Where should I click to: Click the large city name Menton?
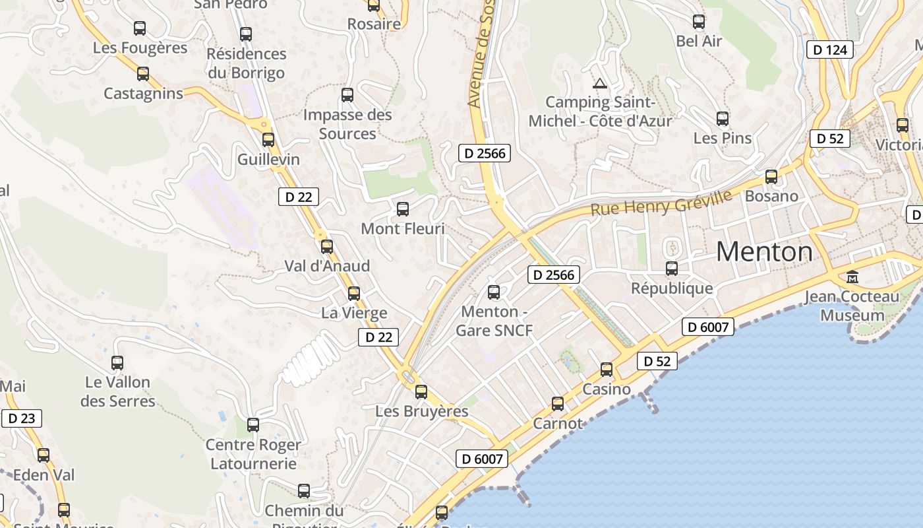pyautogui.click(x=764, y=251)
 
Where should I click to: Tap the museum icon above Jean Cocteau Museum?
pyautogui.click(x=852, y=277)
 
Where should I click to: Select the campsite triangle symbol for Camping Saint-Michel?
pyautogui.click(x=599, y=83)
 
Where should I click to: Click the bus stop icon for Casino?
pyautogui.click(x=607, y=370)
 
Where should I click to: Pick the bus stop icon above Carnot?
pyautogui.click(x=558, y=403)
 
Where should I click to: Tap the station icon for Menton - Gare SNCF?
pyautogui.click(x=494, y=292)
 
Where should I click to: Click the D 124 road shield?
pyautogui.click(x=830, y=49)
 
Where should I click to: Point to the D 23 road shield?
pyautogui.click(x=21, y=418)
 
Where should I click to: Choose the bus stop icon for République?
pyautogui.click(x=672, y=269)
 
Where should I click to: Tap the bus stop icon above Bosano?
pyautogui.click(x=771, y=177)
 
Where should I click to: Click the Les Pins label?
pyautogui.click(x=723, y=139)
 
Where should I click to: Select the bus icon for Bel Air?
pyautogui.click(x=699, y=22)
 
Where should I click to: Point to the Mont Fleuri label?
pyautogui.click(x=403, y=229)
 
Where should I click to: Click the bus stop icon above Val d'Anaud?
pyautogui.click(x=327, y=247)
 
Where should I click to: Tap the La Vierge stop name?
pyautogui.click(x=354, y=313)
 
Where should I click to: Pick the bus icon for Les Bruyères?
pyautogui.click(x=421, y=392)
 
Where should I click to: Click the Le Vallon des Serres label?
pyautogui.click(x=118, y=391)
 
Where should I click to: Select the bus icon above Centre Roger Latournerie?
pyautogui.click(x=253, y=425)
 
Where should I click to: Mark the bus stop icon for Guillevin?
pyautogui.click(x=268, y=140)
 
